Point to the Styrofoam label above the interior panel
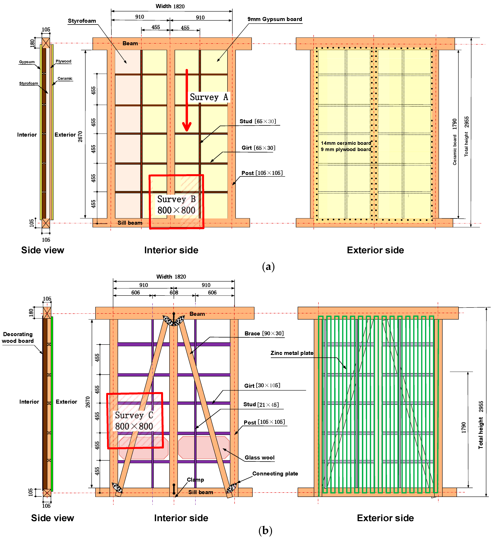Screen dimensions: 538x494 tap(82, 21)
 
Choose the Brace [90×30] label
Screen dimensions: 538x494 tap(264, 333)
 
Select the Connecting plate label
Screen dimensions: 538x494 tap(275, 474)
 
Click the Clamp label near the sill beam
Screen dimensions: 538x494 tap(195, 480)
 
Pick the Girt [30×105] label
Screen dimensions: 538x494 tap(262, 385)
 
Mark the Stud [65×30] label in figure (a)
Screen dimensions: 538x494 tap(257, 121)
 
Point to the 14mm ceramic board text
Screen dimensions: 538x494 tap(346, 143)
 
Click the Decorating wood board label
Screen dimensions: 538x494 tap(18, 337)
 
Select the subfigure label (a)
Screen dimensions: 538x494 tap(268, 267)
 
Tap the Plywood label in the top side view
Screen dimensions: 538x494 tap(63, 61)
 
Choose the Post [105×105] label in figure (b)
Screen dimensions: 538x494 tap(264, 422)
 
